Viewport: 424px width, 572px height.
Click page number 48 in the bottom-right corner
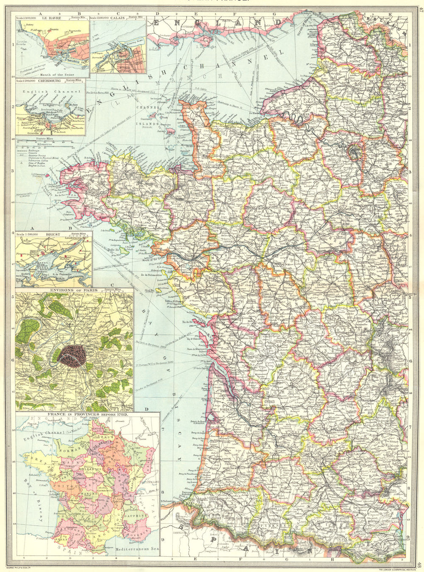[420, 564]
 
